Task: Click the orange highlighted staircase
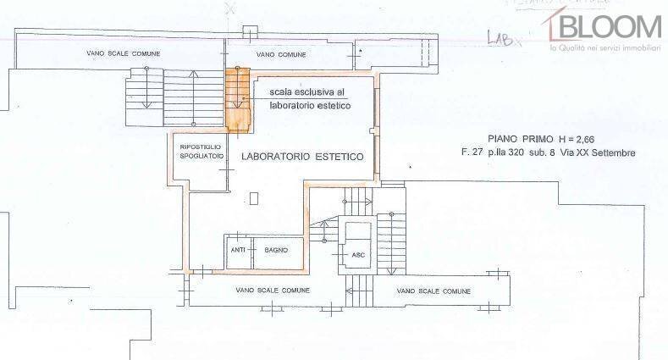(x=237, y=100)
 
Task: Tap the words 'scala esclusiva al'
(x=307, y=91)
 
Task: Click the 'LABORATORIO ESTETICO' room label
(x=302, y=157)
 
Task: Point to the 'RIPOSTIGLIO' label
(x=201, y=147)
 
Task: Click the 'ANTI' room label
(x=238, y=250)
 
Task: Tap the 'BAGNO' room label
(x=276, y=250)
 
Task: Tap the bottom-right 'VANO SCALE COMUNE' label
(x=433, y=291)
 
